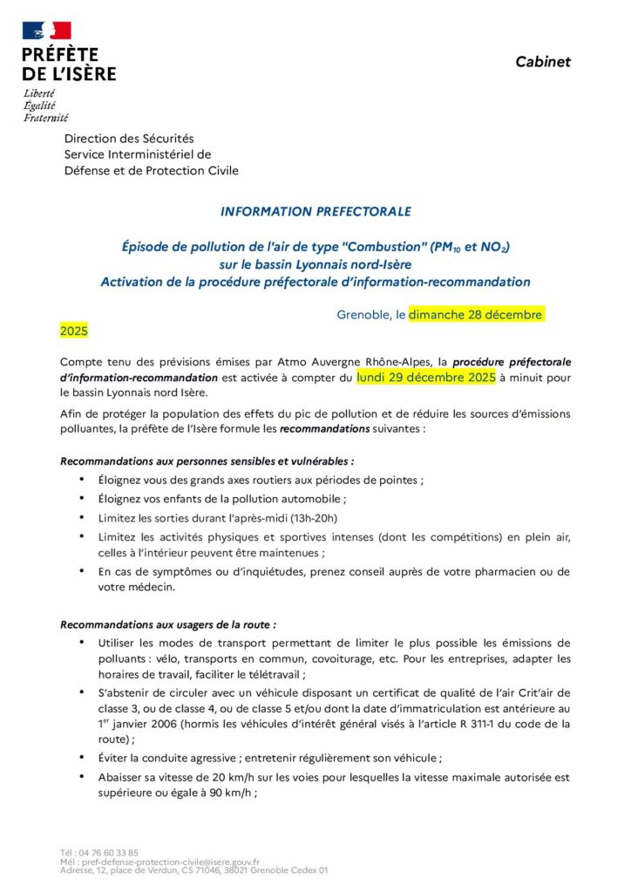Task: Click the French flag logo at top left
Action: click(47, 31)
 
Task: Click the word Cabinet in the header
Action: click(542, 61)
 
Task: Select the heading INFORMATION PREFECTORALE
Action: click(315, 211)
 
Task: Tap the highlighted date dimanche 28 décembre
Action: click(476, 314)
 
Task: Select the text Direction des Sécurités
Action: click(129, 139)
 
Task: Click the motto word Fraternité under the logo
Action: click(45, 118)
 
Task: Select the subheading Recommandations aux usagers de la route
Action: click(168, 624)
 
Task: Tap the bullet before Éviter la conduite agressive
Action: click(82, 757)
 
